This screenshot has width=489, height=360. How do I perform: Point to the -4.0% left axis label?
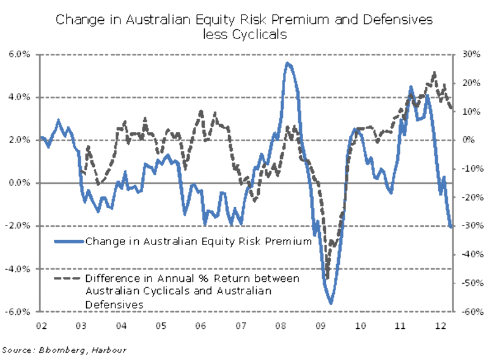(x=20, y=268)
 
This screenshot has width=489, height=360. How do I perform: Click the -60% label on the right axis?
(x=467, y=311)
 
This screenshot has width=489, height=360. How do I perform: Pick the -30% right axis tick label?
(x=467, y=226)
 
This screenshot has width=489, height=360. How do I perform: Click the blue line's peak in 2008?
(x=288, y=64)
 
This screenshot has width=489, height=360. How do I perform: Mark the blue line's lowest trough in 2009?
(x=331, y=303)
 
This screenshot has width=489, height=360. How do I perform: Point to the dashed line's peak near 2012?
(x=434, y=73)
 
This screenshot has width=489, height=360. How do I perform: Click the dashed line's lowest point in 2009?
(x=326, y=278)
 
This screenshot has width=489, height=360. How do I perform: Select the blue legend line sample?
(x=68, y=241)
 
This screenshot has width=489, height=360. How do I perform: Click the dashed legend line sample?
(x=68, y=279)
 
